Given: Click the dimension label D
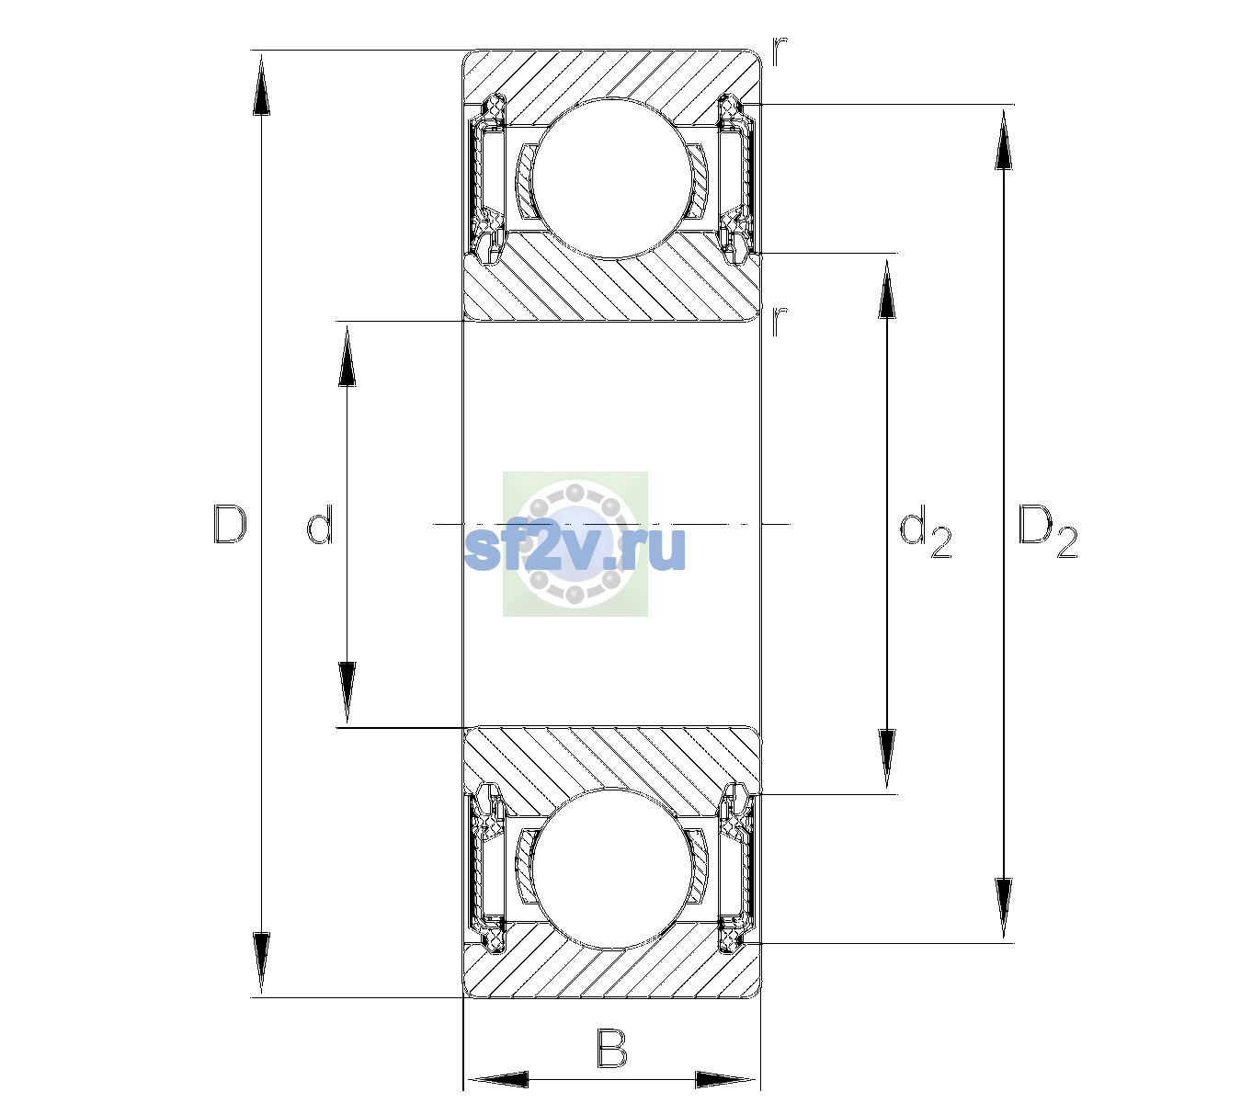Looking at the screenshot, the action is point(230,524).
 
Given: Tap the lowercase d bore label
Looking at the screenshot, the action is point(320,525).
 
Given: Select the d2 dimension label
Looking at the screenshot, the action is point(926,530).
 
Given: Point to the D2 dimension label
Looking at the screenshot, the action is point(1047,530).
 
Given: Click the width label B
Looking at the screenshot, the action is point(611,1048).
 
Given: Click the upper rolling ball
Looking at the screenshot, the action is point(612,178).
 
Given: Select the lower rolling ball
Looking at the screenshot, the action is point(612,870).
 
